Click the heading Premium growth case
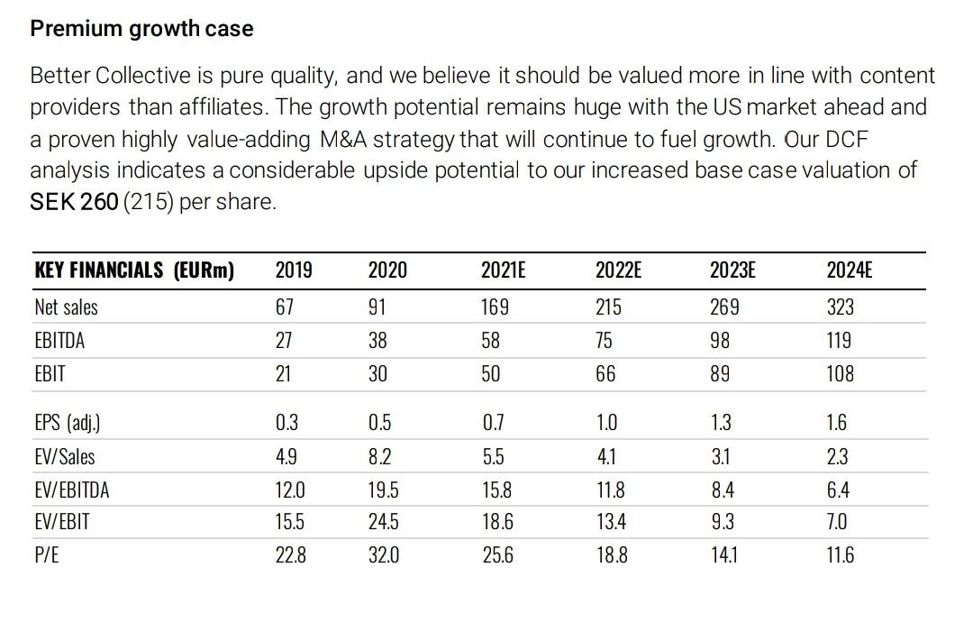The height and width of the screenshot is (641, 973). [x=141, y=29]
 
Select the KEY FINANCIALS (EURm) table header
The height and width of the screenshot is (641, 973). [x=133, y=270]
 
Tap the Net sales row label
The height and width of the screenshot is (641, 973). [x=66, y=307]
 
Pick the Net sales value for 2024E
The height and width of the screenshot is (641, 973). [x=840, y=307]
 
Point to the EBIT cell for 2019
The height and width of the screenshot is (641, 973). [x=284, y=373]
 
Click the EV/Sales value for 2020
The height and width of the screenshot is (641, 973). [x=377, y=456]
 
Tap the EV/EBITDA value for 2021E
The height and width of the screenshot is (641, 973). [x=496, y=490]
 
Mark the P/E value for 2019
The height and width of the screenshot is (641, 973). [x=290, y=555]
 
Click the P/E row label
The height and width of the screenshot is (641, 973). [x=47, y=555]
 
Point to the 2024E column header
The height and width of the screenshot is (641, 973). [x=849, y=270]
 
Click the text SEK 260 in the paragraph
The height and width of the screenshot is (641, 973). [x=74, y=201]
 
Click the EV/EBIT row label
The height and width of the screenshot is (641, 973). [x=62, y=522]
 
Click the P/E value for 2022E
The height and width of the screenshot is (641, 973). [x=612, y=555]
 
